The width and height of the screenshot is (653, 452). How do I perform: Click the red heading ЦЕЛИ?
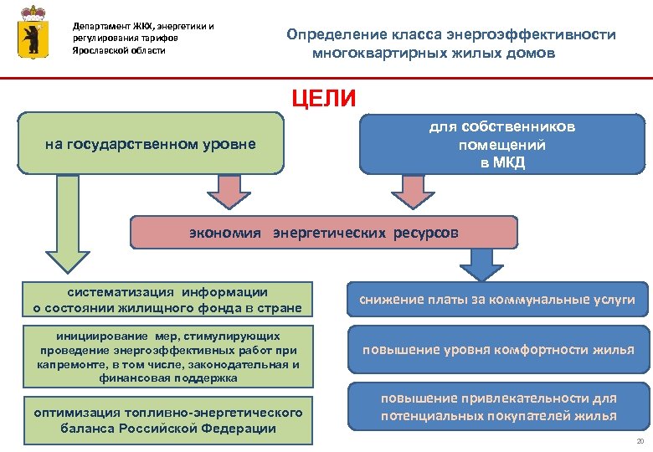coord(324,98)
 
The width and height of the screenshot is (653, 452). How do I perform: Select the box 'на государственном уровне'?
coord(151,143)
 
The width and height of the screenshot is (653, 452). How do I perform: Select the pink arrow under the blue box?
coord(410,191)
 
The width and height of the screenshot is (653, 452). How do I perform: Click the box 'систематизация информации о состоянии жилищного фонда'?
coord(167,300)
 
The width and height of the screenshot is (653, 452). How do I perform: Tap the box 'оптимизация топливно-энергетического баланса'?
coord(167,420)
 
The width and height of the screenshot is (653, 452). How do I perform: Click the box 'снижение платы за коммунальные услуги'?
coord(497,300)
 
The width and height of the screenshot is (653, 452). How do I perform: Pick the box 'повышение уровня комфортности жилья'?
coord(497,349)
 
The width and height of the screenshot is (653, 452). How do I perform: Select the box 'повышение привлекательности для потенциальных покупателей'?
coord(497,407)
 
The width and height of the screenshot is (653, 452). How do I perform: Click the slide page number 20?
coord(640,441)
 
